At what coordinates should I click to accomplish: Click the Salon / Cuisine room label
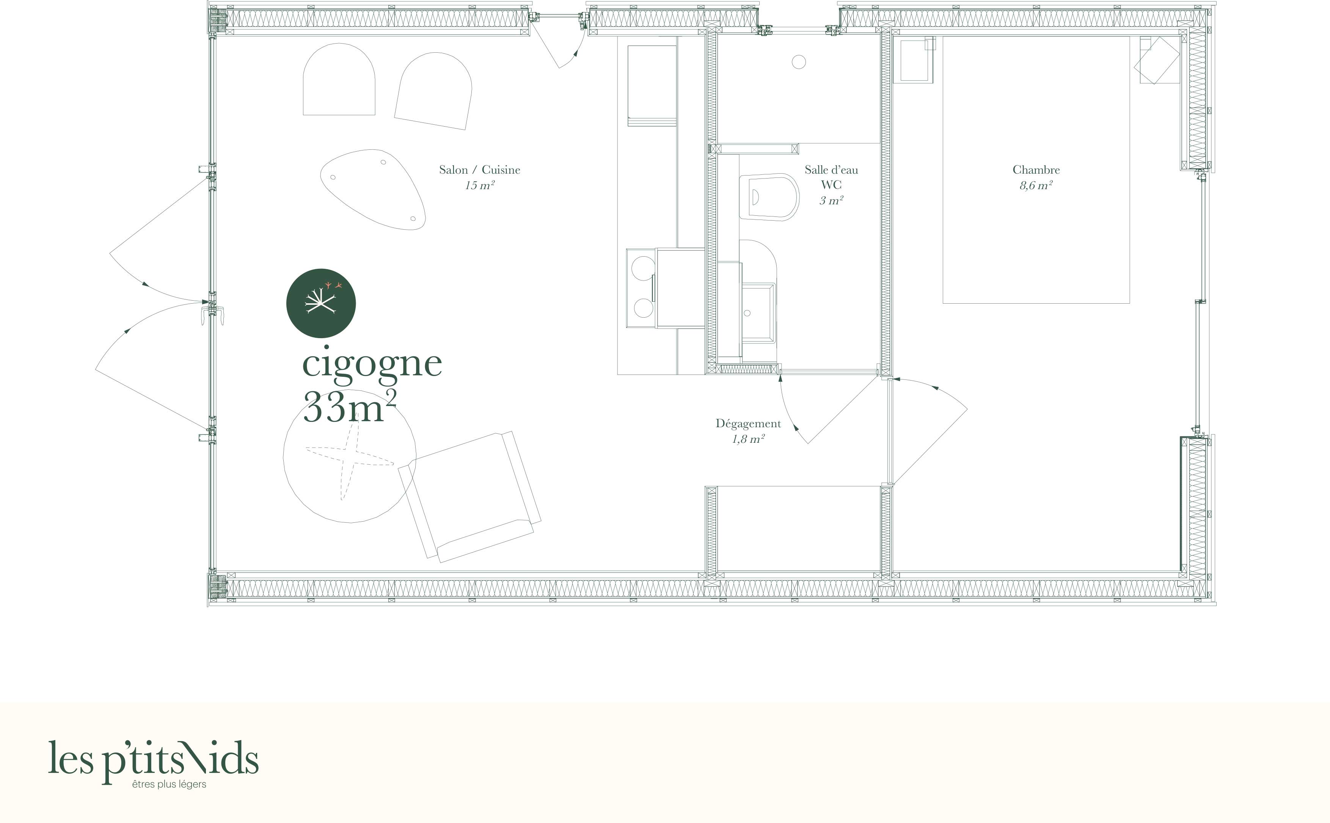[480, 170]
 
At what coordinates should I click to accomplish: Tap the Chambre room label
[1036, 170]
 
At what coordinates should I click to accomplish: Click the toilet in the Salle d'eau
[769, 196]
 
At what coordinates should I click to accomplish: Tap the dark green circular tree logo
[321, 303]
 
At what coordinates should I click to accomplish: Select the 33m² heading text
[349, 406]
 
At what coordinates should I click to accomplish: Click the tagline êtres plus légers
[169, 784]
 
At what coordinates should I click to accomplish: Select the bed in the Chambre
[1036, 169]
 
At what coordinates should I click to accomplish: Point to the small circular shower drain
[799, 63]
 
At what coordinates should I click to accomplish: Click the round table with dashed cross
[350, 456]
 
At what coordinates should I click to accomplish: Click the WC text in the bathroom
[831, 185]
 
